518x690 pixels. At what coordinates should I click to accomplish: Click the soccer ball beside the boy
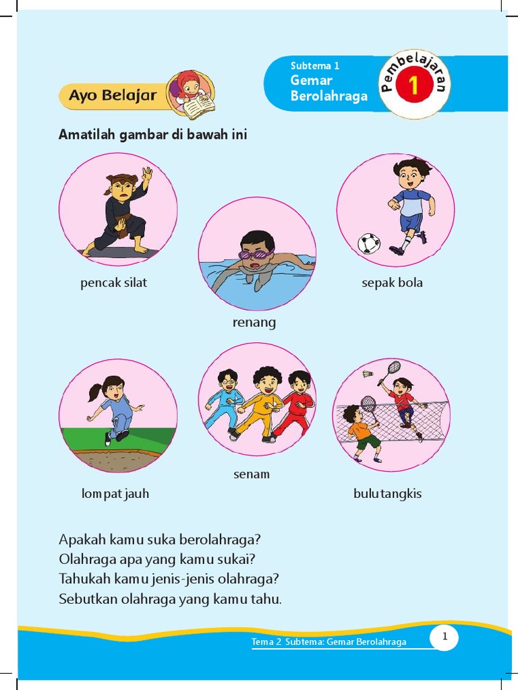368,243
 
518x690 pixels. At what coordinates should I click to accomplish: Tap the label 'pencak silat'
113,283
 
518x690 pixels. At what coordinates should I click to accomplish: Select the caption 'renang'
254,323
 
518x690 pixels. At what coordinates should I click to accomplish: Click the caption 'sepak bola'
392,283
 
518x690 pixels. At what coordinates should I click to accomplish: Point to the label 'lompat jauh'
115,494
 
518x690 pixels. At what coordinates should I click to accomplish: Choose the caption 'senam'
252,474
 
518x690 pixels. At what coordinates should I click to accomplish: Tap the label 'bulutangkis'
387,494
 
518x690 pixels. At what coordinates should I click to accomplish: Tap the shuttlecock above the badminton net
368,373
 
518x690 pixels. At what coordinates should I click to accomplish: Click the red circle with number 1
413,87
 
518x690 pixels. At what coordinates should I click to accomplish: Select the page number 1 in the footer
444,637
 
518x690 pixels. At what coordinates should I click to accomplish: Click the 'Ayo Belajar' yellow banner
113,96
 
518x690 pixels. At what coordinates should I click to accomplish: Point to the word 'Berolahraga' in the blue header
329,96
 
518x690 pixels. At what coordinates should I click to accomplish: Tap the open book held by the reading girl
199,106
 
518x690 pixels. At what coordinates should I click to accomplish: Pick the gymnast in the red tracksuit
297,404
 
